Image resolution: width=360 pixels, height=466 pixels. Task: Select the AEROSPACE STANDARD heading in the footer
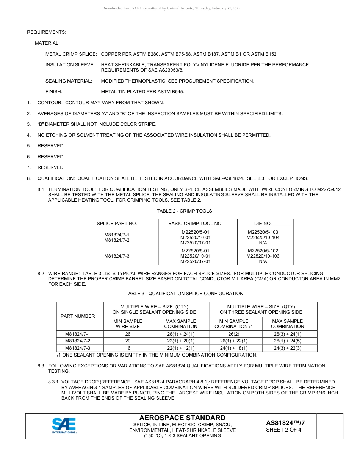click(182, 418)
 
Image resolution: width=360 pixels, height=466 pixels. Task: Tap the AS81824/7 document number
click(285, 423)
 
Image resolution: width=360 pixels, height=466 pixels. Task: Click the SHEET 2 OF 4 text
click(284, 430)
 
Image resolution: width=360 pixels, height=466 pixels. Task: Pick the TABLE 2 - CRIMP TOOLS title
click(184, 211)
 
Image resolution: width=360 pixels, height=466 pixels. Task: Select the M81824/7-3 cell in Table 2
click(117, 256)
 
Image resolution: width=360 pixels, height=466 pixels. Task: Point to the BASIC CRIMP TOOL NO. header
click(195, 223)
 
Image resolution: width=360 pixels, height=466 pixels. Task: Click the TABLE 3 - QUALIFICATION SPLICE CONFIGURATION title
click(184, 293)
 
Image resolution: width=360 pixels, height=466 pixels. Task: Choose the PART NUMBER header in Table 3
click(80, 316)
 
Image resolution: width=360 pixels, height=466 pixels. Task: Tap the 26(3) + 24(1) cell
click(287, 334)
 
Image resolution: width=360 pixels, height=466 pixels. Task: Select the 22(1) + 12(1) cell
click(181, 348)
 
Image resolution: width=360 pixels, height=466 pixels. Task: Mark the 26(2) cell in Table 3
click(233, 334)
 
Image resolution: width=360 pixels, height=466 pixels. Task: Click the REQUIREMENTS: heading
click(47, 32)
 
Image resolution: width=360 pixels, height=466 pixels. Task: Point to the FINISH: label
click(54, 91)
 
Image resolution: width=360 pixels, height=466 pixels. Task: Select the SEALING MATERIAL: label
click(69, 81)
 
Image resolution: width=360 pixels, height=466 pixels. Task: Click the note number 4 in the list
click(29, 135)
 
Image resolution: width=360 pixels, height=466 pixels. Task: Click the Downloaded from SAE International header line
click(171, 8)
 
